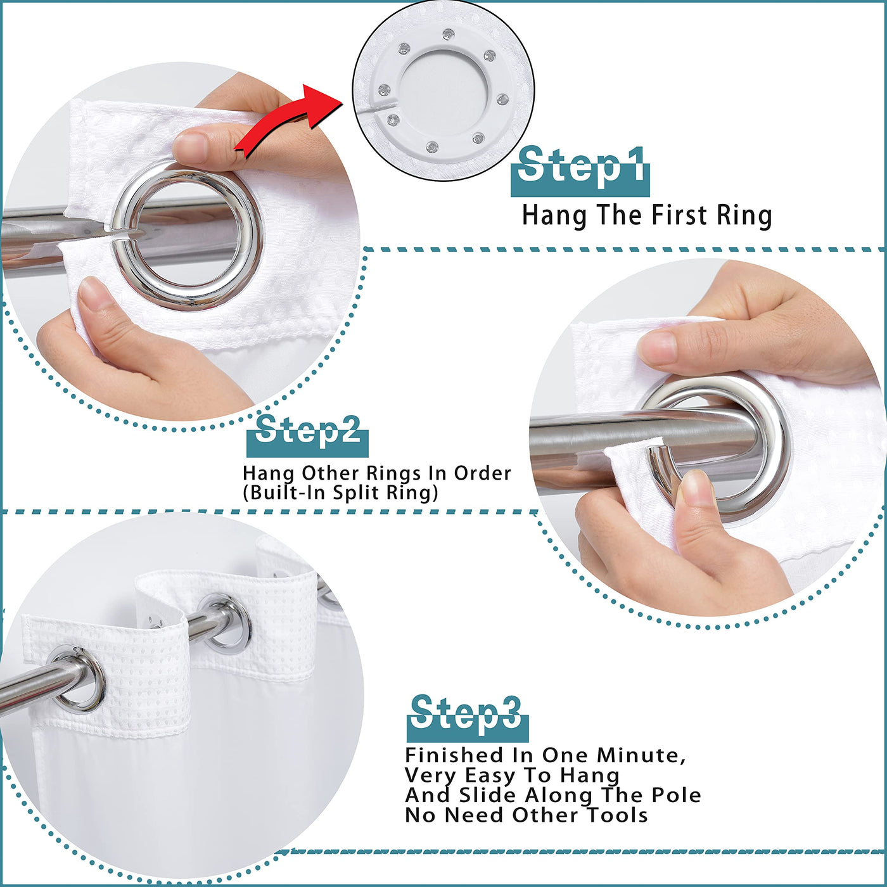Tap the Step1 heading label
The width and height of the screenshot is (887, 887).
[x=580, y=170]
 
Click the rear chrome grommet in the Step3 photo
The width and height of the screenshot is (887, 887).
[x=225, y=622]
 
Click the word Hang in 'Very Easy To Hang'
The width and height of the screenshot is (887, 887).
[x=589, y=775]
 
